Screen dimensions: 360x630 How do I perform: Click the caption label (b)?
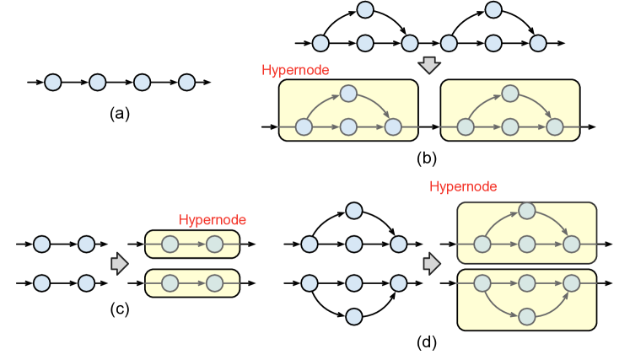(428, 157)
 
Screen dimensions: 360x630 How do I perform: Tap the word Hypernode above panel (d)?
(463, 186)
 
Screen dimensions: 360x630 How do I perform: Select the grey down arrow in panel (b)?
(430, 65)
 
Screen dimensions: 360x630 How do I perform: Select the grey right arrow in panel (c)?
(120, 263)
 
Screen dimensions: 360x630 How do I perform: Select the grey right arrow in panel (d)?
(433, 263)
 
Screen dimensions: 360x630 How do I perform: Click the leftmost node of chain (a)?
(53, 83)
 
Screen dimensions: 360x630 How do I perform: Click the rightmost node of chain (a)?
(186, 83)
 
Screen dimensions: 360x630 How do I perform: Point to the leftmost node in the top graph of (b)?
(320, 41)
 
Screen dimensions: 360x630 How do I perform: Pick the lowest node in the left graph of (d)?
(354, 316)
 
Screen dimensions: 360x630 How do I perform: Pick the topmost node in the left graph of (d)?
(354, 210)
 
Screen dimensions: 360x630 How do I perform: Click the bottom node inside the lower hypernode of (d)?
(527, 316)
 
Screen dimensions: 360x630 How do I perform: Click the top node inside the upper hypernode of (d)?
(527, 210)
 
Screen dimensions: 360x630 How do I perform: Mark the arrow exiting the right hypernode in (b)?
(589, 127)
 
